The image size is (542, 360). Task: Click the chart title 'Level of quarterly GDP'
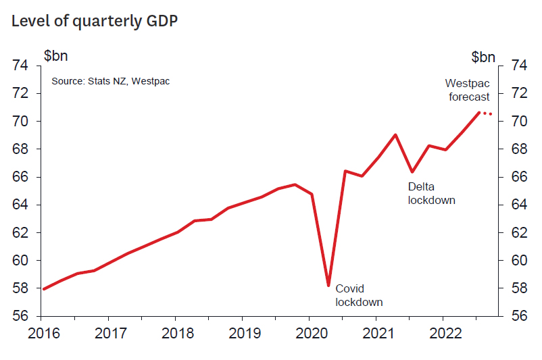pos(95,21)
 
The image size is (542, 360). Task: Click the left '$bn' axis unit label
pos(56,56)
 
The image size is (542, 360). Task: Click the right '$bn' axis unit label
pos(483,56)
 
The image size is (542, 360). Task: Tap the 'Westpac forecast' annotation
pos(468,90)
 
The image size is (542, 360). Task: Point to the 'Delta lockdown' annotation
pos(431,193)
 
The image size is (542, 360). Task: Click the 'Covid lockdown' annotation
pos(359,295)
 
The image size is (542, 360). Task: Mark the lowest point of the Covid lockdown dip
pos(328,285)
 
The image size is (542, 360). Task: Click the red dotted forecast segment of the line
pos(487,113)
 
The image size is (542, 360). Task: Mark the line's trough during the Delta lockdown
pos(412,172)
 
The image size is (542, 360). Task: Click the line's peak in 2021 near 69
pos(395,135)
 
